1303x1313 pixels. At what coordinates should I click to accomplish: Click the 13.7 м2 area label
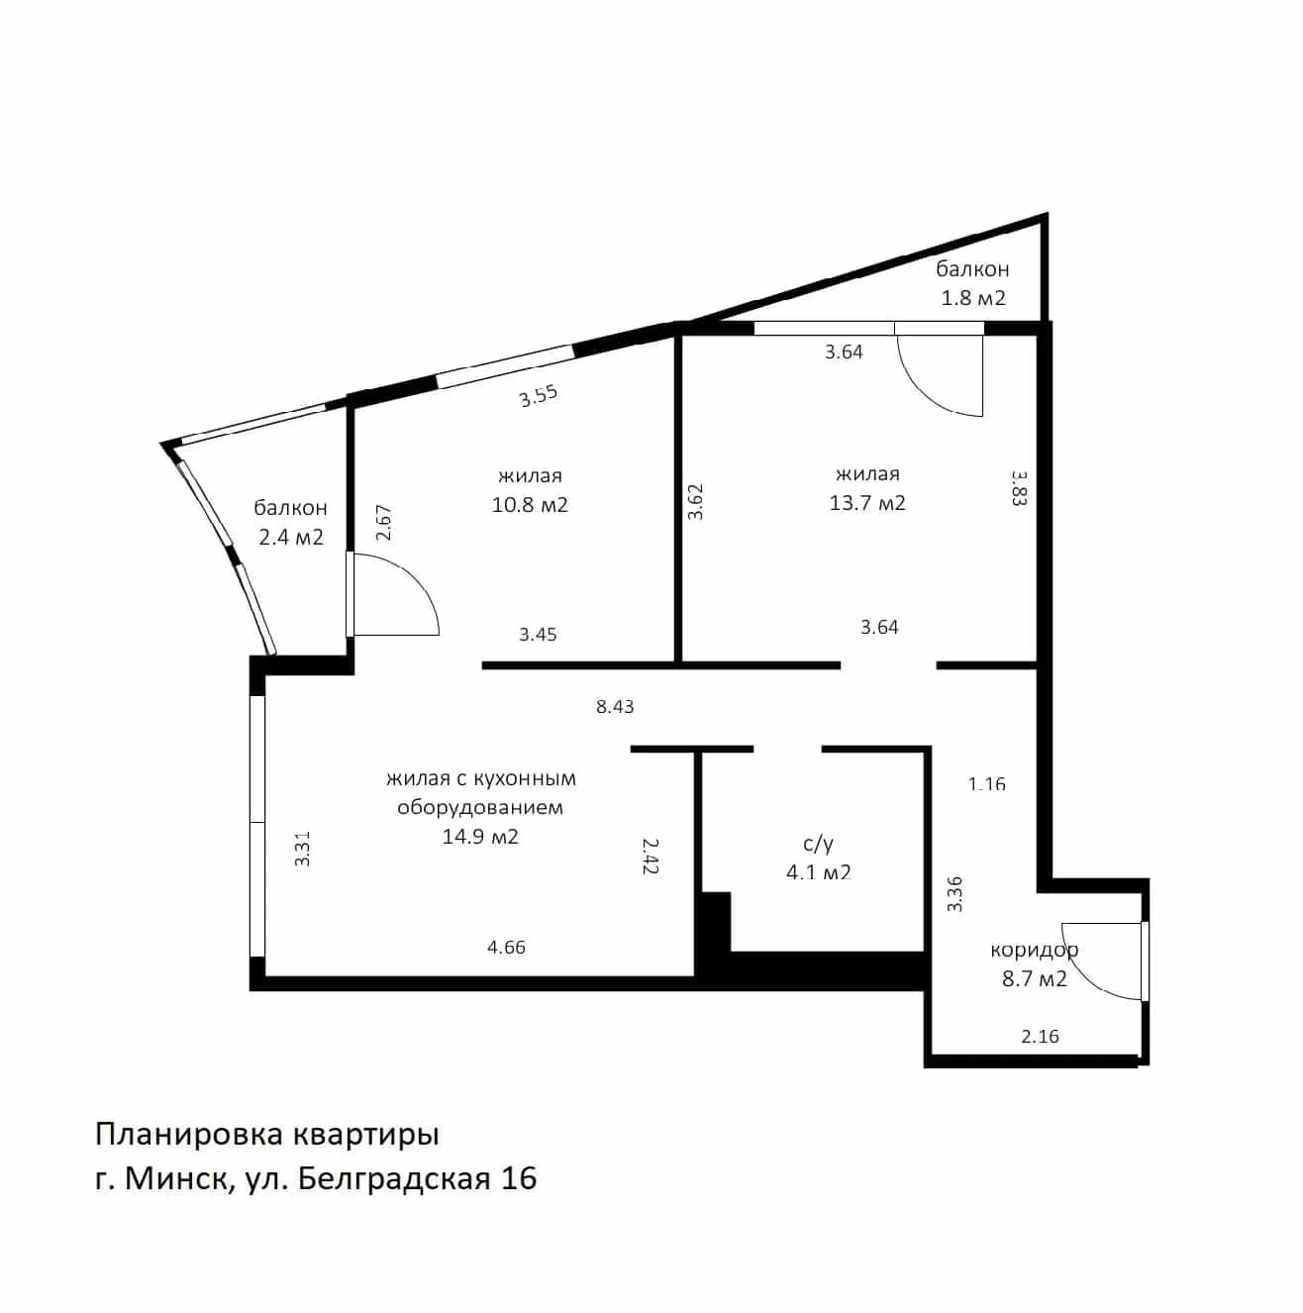tap(866, 503)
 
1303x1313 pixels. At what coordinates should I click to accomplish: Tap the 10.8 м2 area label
tap(530, 505)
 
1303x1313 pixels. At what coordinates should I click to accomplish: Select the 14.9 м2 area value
tap(480, 836)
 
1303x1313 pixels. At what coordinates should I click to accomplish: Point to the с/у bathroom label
tap(818, 845)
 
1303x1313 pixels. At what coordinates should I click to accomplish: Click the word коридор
tap(1034, 950)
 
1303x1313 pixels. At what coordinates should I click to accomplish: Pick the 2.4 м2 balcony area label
tap(291, 538)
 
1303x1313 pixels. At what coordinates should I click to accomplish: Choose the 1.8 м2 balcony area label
tap(973, 298)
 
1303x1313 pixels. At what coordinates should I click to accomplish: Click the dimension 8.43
tap(615, 707)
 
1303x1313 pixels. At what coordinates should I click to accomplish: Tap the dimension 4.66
tap(506, 947)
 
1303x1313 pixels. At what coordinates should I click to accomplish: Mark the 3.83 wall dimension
tap(1019, 487)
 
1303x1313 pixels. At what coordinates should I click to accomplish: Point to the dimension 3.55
tap(539, 396)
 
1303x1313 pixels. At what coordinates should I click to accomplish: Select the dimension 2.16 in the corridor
tap(1040, 1037)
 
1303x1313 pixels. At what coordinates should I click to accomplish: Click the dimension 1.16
tap(987, 784)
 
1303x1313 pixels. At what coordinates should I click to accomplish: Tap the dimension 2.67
tap(384, 523)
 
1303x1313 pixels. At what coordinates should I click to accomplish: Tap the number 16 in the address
tap(519, 1178)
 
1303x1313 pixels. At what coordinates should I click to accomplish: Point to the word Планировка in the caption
tap(189, 1136)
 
